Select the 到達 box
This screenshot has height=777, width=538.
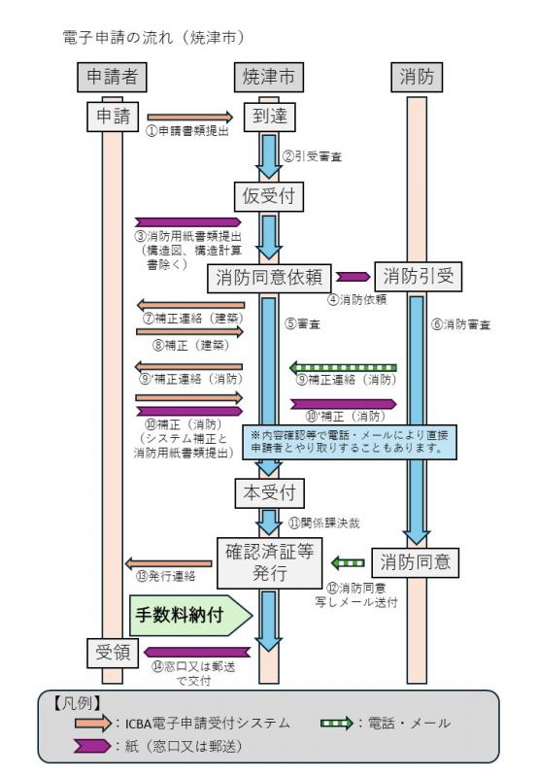point(266,116)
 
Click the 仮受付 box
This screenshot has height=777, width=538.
point(266,196)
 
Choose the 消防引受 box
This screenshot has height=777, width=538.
point(419,277)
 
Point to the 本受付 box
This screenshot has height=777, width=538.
point(266,493)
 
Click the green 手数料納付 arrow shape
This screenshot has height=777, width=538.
point(190,614)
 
